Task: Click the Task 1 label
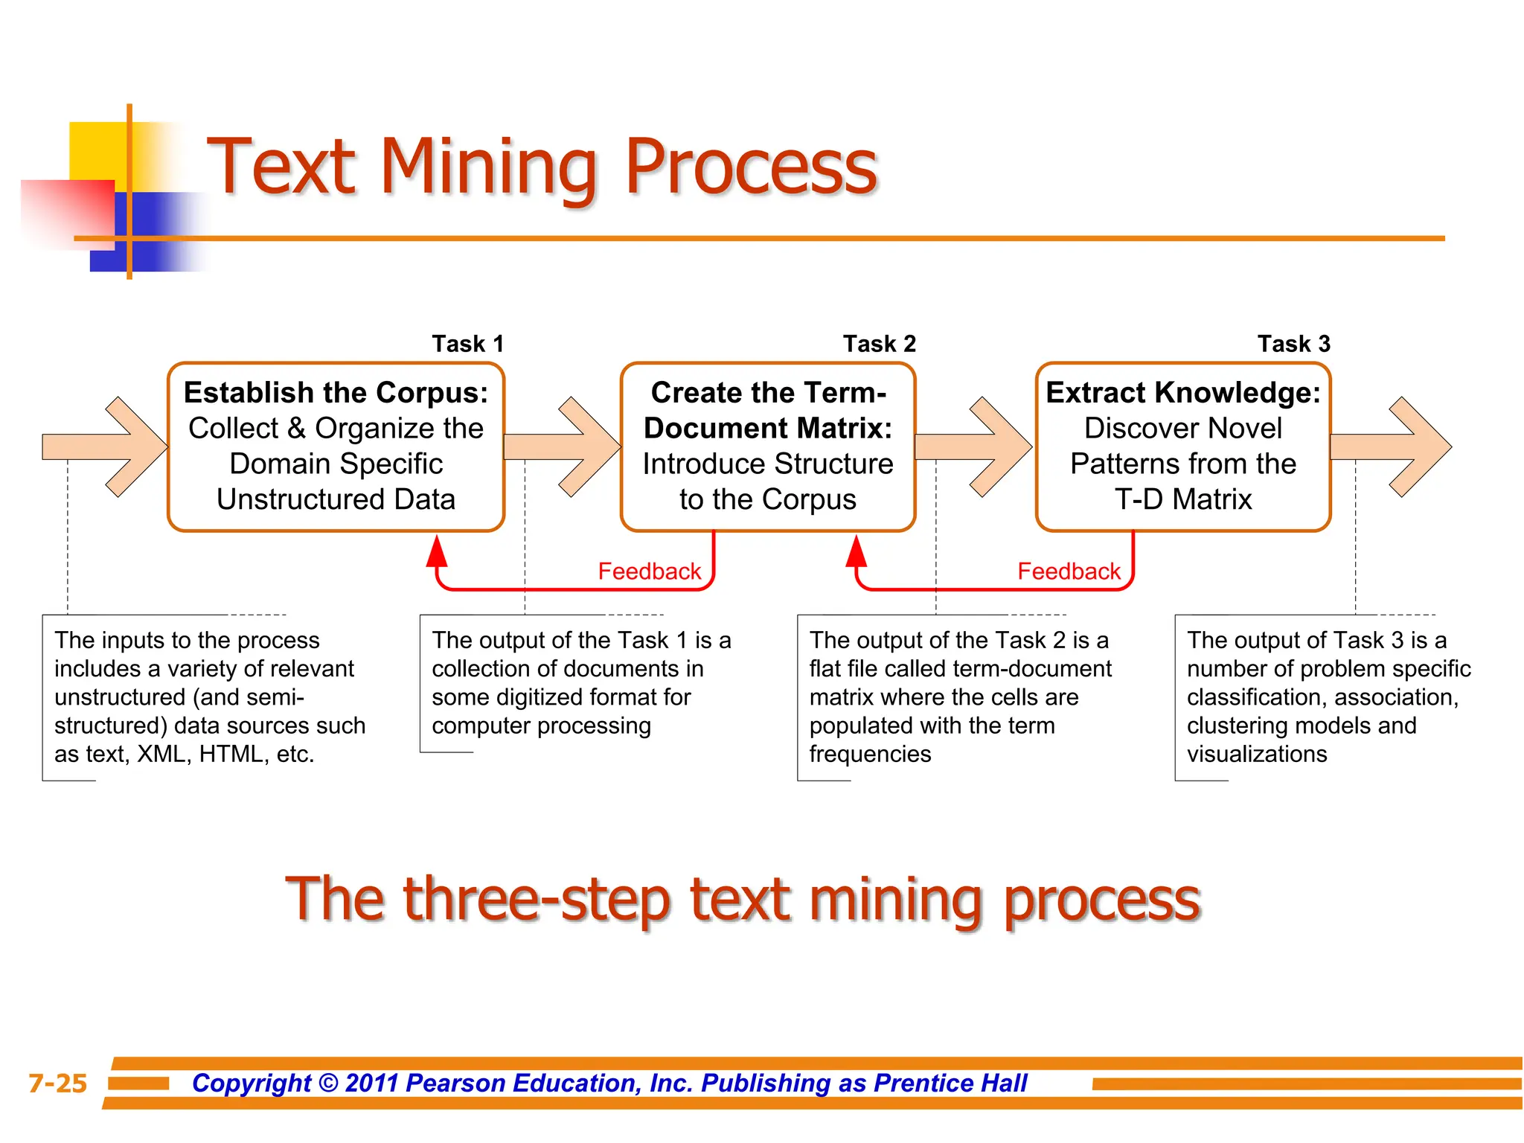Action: click(x=468, y=344)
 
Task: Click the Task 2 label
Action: click(x=879, y=344)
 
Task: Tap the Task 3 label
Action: click(x=1293, y=344)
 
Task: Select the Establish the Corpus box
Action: click(x=336, y=446)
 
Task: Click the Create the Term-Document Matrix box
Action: click(x=768, y=446)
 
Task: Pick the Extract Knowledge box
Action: click(x=1183, y=446)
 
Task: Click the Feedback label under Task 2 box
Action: click(x=649, y=571)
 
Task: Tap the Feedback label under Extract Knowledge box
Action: click(x=1069, y=571)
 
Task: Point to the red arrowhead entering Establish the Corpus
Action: click(x=437, y=551)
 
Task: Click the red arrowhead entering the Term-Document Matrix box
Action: click(x=857, y=551)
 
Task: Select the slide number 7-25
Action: click(x=57, y=1083)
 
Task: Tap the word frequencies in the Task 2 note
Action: click(x=870, y=755)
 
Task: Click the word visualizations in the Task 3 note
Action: click(x=1257, y=755)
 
